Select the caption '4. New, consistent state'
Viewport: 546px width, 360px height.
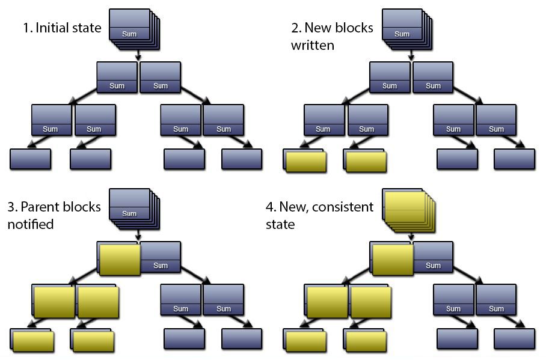319,215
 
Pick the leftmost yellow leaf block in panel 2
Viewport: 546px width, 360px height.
305,162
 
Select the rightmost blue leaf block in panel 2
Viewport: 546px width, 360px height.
514,159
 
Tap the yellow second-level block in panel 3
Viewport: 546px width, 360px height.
120,260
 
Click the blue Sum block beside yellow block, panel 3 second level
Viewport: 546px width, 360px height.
161,257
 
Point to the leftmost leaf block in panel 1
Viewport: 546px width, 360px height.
30,159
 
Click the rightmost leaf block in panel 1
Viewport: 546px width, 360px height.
242,159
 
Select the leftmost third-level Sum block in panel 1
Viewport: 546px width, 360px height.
51,120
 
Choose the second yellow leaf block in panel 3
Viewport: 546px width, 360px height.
93,341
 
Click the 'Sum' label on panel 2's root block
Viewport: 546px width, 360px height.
402,34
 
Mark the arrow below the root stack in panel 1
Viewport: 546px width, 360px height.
139,55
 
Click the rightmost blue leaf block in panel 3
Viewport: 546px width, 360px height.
242,338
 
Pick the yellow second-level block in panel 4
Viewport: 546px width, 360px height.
393,260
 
